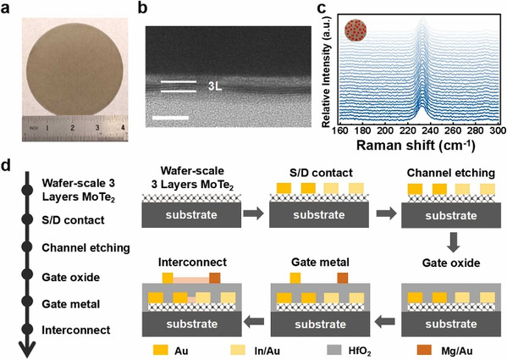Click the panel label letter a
[x=6, y=8]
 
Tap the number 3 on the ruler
[x=97, y=128]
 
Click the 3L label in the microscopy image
[x=215, y=86]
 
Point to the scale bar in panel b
[x=170, y=118]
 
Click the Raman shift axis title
[x=416, y=145]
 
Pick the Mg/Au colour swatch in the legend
[x=424, y=350]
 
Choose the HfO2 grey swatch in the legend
[x=334, y=350]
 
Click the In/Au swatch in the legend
[x=238, y=350]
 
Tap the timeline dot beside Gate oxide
[x=27, y=274]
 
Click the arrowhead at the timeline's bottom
[x=27, y=351]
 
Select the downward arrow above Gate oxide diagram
[x=454, y=242]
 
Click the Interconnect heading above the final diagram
[x=192, y=262]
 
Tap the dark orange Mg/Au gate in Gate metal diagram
[x=343, y=278]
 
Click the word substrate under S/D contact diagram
[x=319, y=215]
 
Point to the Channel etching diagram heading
[x=451, y=173]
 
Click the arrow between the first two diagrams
[x=254, y=214]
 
